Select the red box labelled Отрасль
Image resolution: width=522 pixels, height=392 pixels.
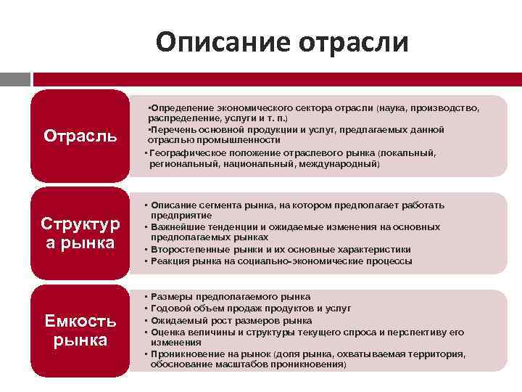tap(80, 135)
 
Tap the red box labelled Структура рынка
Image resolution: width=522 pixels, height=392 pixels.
tap(80, 232)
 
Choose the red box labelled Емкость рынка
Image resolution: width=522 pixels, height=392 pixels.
tap(80, 330)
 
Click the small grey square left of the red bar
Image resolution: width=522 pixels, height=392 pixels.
tap(14, 78)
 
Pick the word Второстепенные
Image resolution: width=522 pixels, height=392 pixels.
tap(186, 249)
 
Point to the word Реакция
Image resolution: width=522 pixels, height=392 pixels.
tap(169, 261)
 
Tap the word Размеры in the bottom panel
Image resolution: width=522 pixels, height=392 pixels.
tap(170, 297)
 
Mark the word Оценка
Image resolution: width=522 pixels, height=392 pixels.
tap(167, 332)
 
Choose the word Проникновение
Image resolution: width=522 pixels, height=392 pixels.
tap(184, 354)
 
